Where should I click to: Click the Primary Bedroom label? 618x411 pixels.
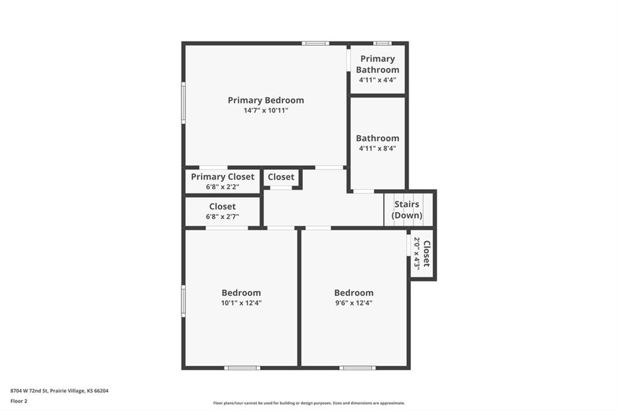[x=266, y=100]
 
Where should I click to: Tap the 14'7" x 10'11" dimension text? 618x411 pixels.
[x=266, y=111]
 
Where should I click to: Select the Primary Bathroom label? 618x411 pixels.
[x=377, y=64]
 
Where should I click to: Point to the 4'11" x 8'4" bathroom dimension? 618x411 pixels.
[x=377, y=148]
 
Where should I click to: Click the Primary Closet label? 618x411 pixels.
[x=223, y=177]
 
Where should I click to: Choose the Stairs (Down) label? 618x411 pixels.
[x=407, y=210]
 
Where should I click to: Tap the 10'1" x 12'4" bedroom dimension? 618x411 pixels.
[x=241, y=303]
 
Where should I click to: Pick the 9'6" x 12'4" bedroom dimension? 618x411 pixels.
[x=354, y=303]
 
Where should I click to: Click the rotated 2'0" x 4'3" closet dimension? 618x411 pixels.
[x=416, y=253]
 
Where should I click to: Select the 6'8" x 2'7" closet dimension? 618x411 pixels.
[x=223, y=217]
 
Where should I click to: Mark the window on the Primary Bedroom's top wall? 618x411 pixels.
[x=316, y=43]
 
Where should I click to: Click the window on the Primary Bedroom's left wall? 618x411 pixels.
[x=183, y=103]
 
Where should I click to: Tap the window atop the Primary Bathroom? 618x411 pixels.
[x=382, y=43]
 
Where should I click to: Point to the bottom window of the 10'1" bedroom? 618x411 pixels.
[x=242, y=368]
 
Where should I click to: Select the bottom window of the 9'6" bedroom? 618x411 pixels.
[x=357, y=368]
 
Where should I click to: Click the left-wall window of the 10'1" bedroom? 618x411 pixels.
[x=183, y=301]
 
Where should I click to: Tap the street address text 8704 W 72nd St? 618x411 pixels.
[x=59, y=391]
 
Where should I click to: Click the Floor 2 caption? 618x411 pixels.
[x=19, y=400]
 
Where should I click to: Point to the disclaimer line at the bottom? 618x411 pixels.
[x=308, y=403]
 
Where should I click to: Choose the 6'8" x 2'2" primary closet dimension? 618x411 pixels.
[x=223, y=187]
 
